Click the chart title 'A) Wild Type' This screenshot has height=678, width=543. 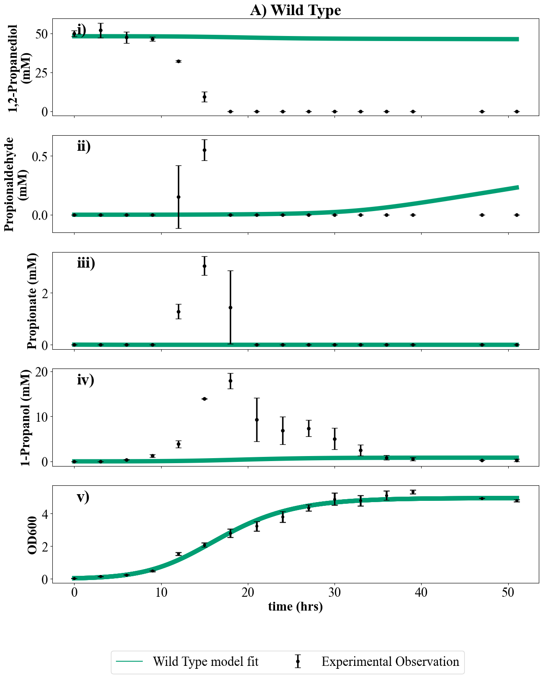pyautogui.click(x=296, y=10)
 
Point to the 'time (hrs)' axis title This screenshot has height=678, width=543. pyautogui.click(x=296, y=606)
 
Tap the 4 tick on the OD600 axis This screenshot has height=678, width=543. pyautogui.click(x=44, y=513)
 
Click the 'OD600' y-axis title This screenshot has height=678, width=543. pyautogui.click(x=32, y=535)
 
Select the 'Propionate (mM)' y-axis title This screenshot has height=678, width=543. pyautogui.click(x=32, y=301)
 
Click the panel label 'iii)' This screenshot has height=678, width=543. pyautogui.click(x=86, y=263)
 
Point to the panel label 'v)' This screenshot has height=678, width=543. pyautogui.click(x=83, y=497)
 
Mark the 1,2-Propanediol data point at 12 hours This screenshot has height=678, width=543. pyautogui.click(x=178, y=62)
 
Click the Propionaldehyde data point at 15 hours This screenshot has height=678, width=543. pyautogui.click(x=204, y=150)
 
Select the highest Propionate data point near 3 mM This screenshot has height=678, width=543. pyautogui.click(x=204, y=266)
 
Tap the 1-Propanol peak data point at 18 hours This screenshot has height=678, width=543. pyautogui.click(x=230, y=381)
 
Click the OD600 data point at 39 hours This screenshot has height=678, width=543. pyautogui.click(x=413, y=492)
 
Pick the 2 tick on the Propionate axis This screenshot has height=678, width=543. pyautogui.click(x=44, y=292)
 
